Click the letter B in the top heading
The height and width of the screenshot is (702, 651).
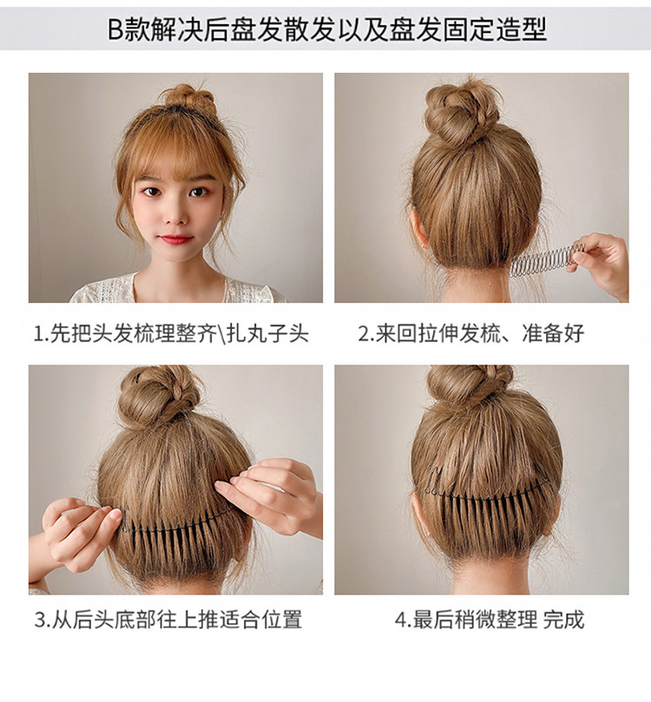pos(115,30)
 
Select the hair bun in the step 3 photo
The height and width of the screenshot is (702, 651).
pos(158,395)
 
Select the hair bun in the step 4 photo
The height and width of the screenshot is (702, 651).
pos(470,385)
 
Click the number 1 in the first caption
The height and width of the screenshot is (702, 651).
pos(37,334)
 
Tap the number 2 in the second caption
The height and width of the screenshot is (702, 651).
pos(363,334)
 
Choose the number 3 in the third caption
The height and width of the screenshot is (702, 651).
pos(40,620)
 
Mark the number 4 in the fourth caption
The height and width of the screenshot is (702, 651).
pos(400,620)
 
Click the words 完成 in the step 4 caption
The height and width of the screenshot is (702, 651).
pos(563,620)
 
